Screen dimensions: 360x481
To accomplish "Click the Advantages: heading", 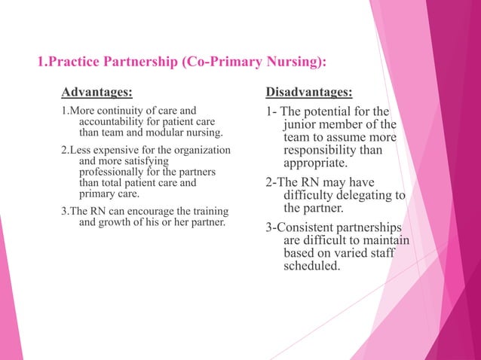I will [97, 93].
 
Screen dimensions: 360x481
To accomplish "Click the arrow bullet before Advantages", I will [52, 93].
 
